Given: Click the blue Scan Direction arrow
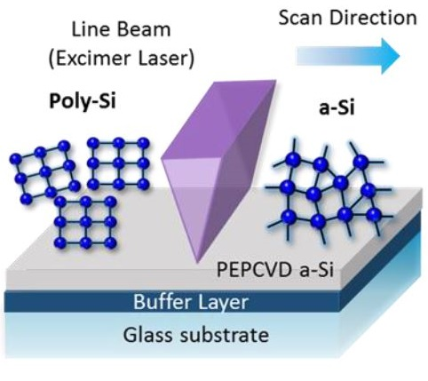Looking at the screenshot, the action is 348,56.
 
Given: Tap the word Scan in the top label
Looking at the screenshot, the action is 301,18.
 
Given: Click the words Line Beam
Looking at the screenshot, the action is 121,29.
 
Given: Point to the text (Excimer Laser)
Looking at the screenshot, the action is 121,58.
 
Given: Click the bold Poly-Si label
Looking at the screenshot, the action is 82,101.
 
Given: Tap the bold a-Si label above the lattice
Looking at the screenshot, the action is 337,107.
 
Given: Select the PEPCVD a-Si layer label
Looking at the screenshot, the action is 275,269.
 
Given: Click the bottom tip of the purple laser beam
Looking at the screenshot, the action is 197,262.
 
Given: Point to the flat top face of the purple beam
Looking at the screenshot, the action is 219,118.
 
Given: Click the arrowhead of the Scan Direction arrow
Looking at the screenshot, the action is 390,56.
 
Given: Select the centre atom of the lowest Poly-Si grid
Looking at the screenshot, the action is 85,222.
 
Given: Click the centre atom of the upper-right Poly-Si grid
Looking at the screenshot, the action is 118,163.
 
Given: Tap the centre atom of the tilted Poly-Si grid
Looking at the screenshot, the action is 45,171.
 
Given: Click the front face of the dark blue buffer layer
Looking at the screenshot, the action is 171,302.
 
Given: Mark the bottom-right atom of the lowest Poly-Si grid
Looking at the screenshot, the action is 110,243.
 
